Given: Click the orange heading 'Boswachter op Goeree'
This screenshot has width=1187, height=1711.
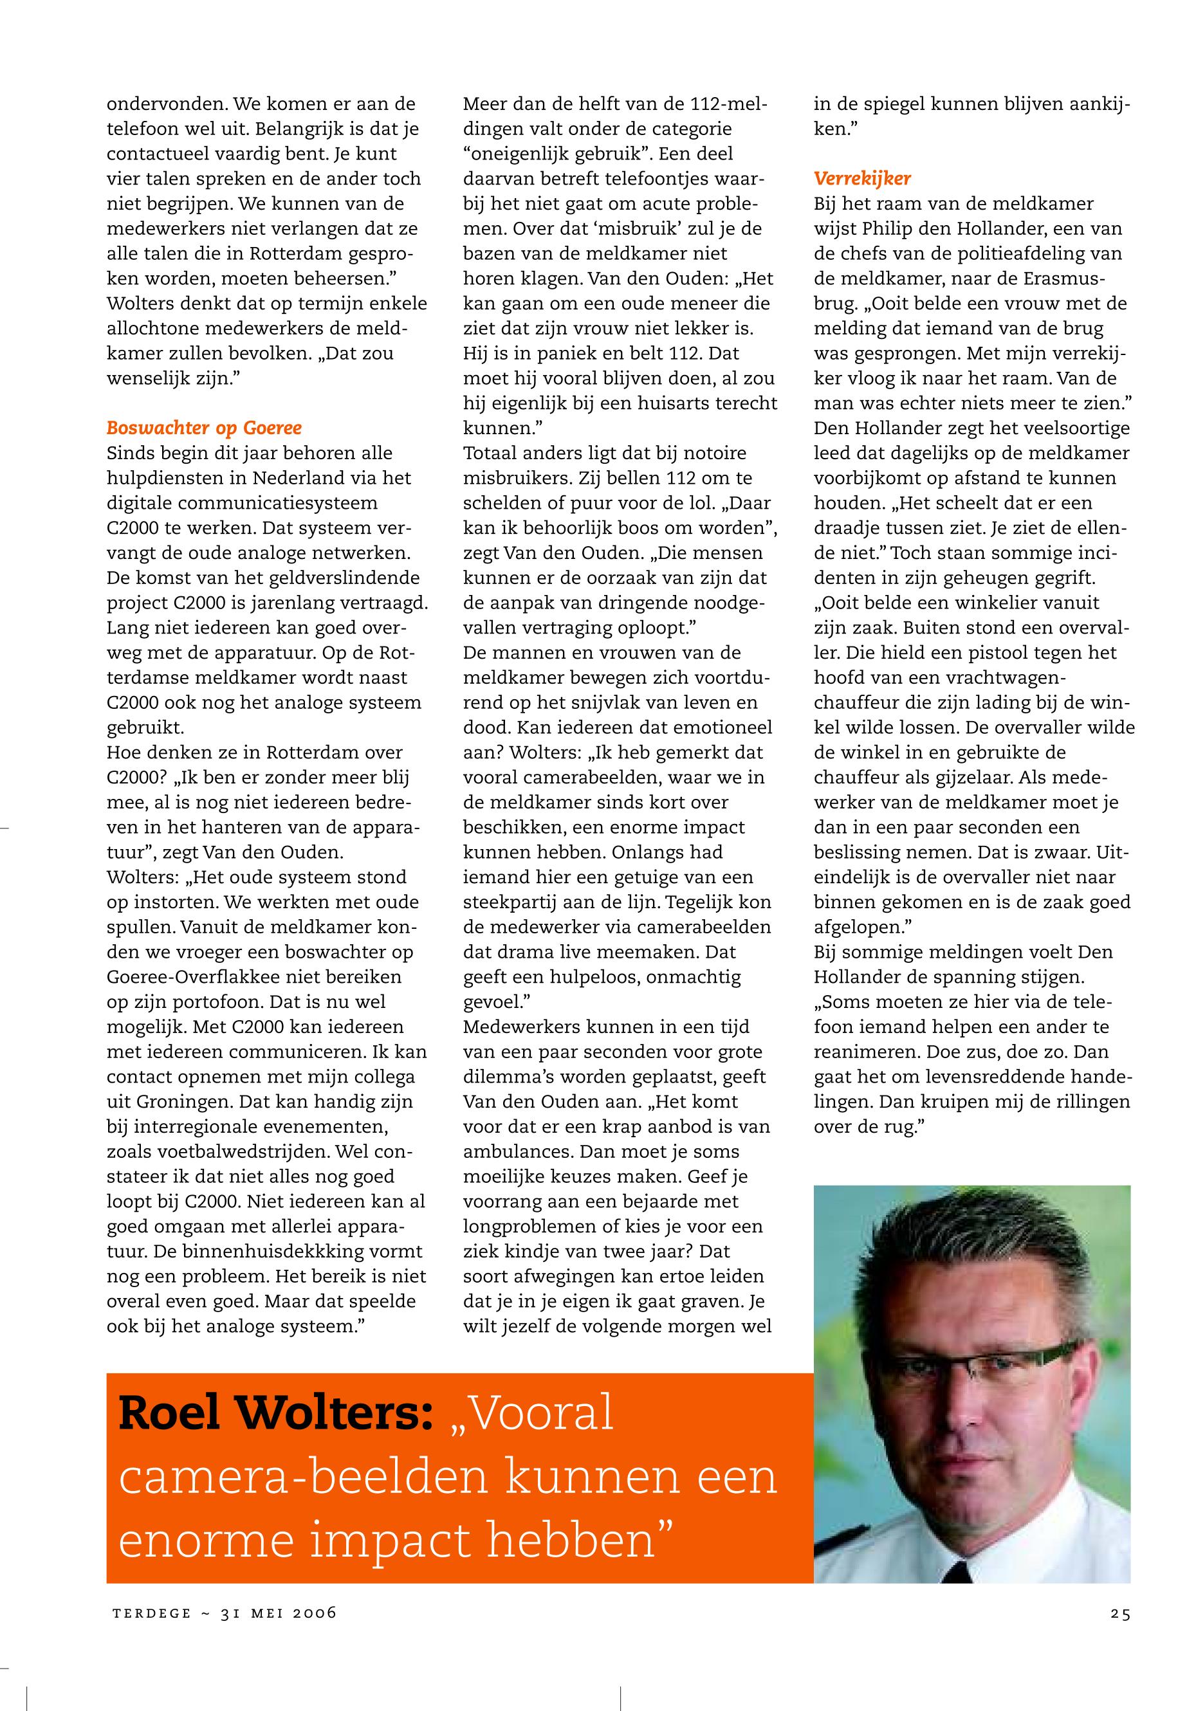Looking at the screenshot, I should click(x=204, y=428).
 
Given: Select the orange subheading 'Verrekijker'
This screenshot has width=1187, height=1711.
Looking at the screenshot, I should click(x=862, y=178).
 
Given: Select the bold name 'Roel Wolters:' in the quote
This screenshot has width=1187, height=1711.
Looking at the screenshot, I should click(x=276, y=1415).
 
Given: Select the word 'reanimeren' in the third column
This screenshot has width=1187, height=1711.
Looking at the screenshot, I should click(x=866, y=1052).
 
